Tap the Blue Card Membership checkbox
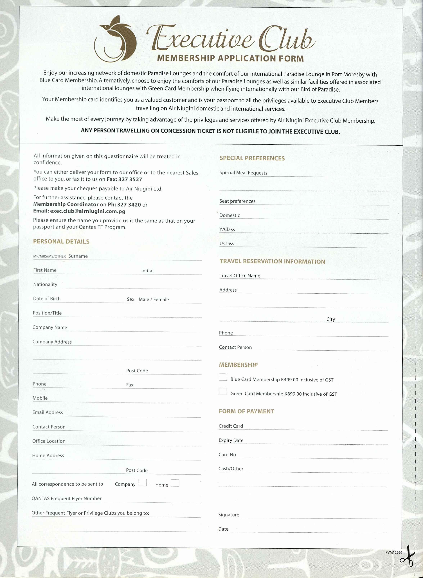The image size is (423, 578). click(223, 377)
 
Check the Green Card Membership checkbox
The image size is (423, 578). click(223, 391)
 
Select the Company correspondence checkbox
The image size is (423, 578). click(143, 483)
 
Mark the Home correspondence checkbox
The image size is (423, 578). click(175, 483)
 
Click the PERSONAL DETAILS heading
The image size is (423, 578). click(61, 242)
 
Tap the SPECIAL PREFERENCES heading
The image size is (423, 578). click(252, 158)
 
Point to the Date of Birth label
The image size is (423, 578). click(47, 299)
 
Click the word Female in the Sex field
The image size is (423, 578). click(161, 299)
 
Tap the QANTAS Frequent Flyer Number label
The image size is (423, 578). click(67, 498)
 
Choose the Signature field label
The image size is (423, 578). click(229, 515)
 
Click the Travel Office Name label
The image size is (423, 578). click(240, 276)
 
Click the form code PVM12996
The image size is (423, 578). click(394, 552)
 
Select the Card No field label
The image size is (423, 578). click(227, 455)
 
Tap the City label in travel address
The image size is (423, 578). click(330, 319)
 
